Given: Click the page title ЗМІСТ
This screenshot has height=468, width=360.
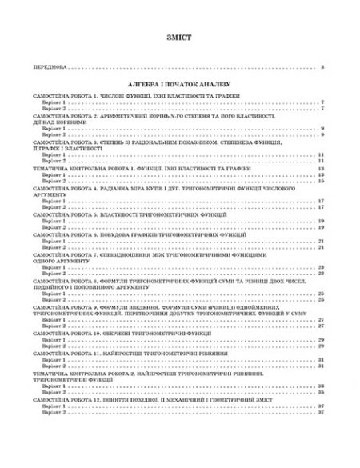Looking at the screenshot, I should (179, 38).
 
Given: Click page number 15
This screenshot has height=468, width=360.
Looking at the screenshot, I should (319, 182).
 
